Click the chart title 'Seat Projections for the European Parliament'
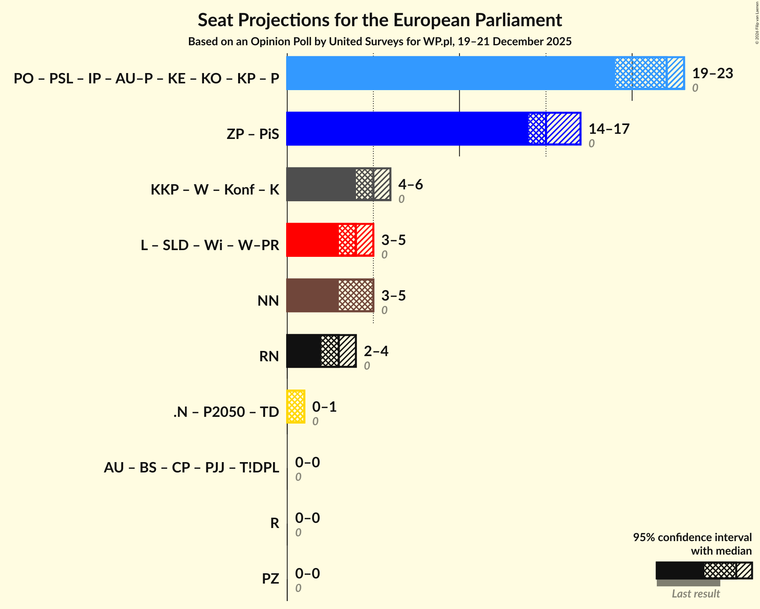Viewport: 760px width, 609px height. (x=380, y=20)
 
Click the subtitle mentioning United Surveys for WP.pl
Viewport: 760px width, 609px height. (x=380, y=42)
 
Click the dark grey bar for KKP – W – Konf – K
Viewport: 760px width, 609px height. (x=321, y=184)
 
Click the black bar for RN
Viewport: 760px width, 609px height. (x=304, y=351)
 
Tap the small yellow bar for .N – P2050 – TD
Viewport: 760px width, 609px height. (x=296, y=407)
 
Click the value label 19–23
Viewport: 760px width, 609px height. (x=712, y=73)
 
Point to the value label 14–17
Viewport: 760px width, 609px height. (x=609, y=129)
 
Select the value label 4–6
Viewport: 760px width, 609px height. (x=410, y=185)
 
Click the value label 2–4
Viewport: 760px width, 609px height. (x=376, y=351)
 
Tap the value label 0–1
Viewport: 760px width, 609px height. (x=324, y=407)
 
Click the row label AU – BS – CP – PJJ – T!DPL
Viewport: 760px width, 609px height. (x=191, y=467)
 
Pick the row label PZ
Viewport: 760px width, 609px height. (x=270, y=578)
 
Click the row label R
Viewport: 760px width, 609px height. (x=275, y=523)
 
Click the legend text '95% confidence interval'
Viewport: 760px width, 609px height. (x=692, y=537)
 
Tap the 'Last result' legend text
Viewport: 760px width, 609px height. (x=695, y=594)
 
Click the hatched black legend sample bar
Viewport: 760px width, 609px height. (x=704, y=570)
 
